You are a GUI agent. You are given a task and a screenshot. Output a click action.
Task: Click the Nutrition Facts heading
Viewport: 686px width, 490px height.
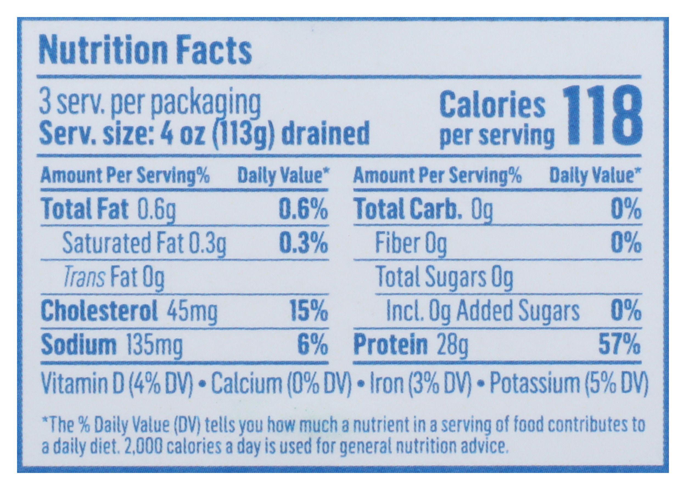(x=145, y=51)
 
